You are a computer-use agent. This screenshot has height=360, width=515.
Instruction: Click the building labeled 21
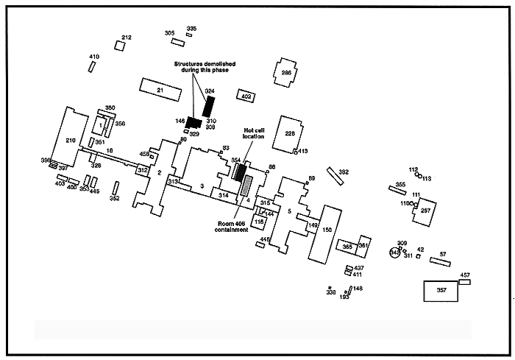160,89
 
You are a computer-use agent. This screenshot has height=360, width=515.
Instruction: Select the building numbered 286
286,72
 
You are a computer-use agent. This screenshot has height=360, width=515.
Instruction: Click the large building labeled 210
68,140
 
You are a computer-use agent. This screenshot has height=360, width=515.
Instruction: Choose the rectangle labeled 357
441,290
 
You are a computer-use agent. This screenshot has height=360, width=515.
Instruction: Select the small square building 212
120,45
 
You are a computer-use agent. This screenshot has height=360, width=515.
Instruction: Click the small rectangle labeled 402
246,96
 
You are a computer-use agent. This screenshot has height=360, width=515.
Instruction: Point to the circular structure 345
395,253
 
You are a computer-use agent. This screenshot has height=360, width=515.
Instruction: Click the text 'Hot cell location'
254,133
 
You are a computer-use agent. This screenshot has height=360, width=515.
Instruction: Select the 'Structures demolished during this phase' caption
202,67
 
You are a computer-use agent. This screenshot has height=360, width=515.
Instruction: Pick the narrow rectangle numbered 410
93,66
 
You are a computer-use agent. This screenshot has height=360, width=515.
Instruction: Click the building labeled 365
347,247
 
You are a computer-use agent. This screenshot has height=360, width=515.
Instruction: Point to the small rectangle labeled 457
464,281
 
